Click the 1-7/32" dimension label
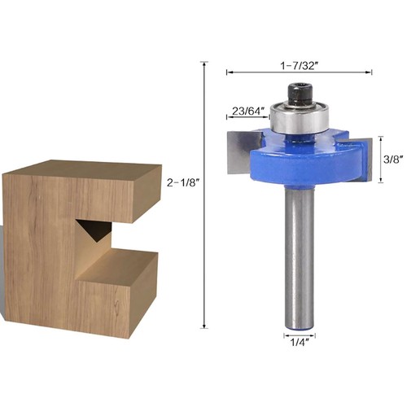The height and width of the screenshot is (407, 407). [x=299, y=63]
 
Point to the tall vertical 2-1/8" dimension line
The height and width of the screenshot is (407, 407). [x=204, y=195]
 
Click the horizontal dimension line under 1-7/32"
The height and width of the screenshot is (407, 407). [x=299, y=72]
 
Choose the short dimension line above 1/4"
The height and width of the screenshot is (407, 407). [x=298, y=335]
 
